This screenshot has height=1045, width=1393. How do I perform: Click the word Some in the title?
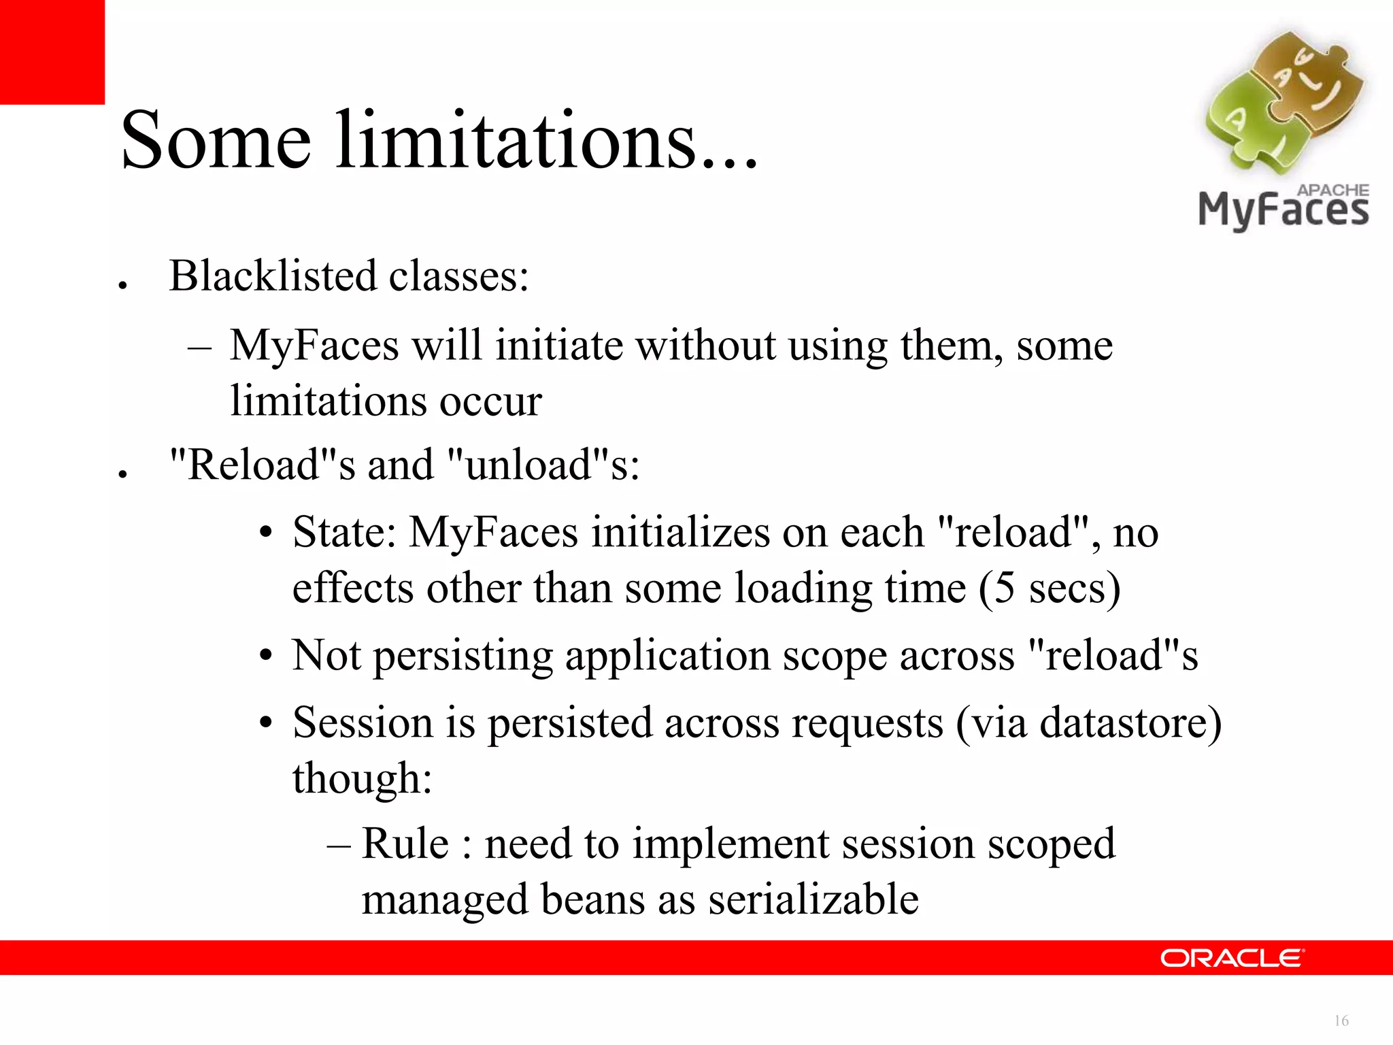pyautogui.click(x=216, y=141)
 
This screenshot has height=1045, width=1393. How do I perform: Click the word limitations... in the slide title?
pyautogui.click(x=546, y=141)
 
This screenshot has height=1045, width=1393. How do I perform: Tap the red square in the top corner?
pyautogui.click(x=52, y=52)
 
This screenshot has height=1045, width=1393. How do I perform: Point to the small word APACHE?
pyautogui.click(x=1332, y=190)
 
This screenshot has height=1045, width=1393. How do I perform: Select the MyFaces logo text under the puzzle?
pyautogui.click(x=1283, y=210)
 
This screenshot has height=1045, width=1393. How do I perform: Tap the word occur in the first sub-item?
pyautogui.click(x=490, y=401)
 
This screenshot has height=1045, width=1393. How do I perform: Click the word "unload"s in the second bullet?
pyautogui.click(x=543, y=465)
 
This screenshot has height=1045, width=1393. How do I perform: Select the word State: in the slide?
pyautogui.click(x=344, y=532)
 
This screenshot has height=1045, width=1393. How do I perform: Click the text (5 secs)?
pyautogui.click(x=1050, y=588)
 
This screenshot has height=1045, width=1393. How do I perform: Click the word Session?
pyautogui.click(x=363, y=723)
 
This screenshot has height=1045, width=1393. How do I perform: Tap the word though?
pyautogui.click(x=363, y=778)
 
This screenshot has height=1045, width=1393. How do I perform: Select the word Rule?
pyautogui.click(x=405, y=844)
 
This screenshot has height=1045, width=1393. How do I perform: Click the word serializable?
pyautogui.click(x=813, y=900)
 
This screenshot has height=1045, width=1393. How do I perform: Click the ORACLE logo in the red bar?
pyautogui.click(x=1232, y=958)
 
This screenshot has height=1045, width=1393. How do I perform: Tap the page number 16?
pyautogui.click(x=1341, y=1021)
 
